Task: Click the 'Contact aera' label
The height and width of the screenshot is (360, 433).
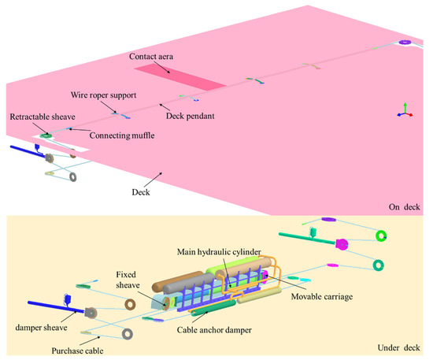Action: (x=156, y=57)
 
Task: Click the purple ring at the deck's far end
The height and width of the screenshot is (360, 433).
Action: (x=405, y=42)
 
